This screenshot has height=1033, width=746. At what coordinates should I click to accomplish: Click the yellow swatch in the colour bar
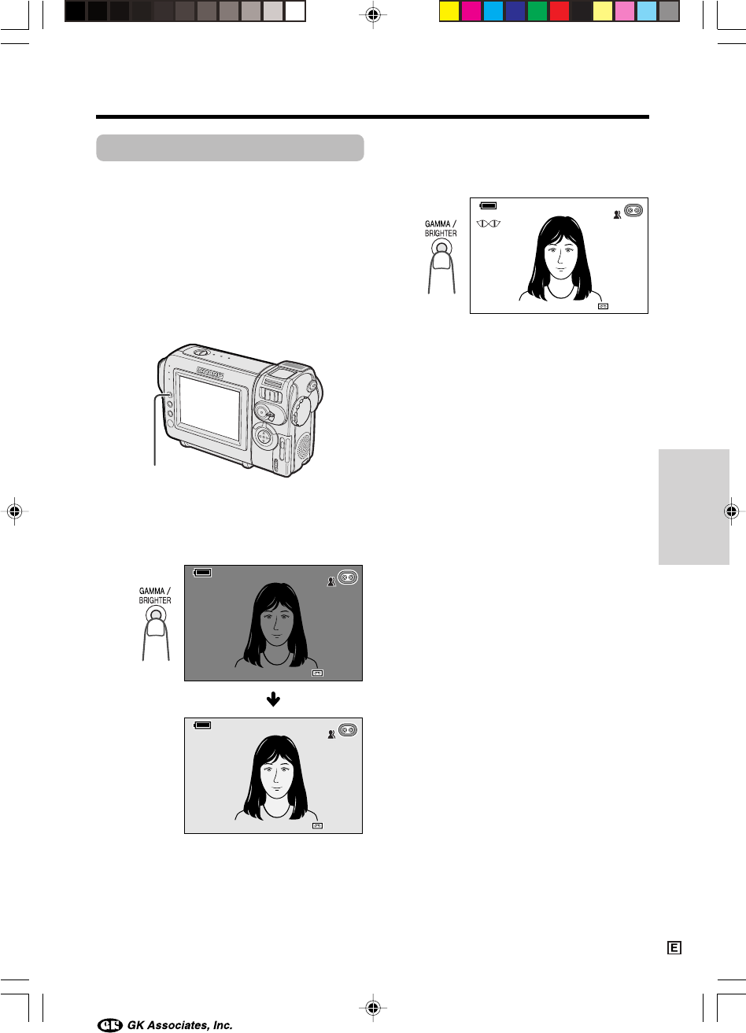(449, 12)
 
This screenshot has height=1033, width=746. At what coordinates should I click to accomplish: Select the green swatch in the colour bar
(537, 12)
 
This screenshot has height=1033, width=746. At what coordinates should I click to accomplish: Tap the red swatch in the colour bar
(559, 12)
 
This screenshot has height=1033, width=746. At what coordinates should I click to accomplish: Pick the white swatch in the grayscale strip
(295, 12)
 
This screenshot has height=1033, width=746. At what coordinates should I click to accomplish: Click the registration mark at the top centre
(373, 15)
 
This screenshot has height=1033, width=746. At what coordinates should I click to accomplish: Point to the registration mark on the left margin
(15, 511)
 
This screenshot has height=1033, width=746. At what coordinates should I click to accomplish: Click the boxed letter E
(674, 948)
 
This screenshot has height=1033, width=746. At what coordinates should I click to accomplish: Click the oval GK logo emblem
(110, 1025)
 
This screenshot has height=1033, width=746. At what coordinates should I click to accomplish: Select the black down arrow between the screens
(273, 699)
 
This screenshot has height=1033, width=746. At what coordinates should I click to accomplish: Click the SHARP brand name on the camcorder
(210, 372)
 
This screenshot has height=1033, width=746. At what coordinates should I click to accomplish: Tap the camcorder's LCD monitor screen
(210, 408)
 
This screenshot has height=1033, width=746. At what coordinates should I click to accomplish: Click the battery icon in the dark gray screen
(202, 573)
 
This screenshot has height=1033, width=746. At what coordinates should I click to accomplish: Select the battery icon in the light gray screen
(202, 725)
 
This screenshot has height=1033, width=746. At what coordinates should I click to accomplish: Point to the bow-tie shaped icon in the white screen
(489, 223)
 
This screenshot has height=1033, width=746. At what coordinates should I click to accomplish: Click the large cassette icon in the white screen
(633, 210)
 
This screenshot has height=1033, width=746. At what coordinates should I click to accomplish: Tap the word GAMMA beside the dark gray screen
(152, 591)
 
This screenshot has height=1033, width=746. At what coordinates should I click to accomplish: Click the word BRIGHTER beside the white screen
(441, 234)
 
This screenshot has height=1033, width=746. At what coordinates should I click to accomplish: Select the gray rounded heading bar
(230, 148)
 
